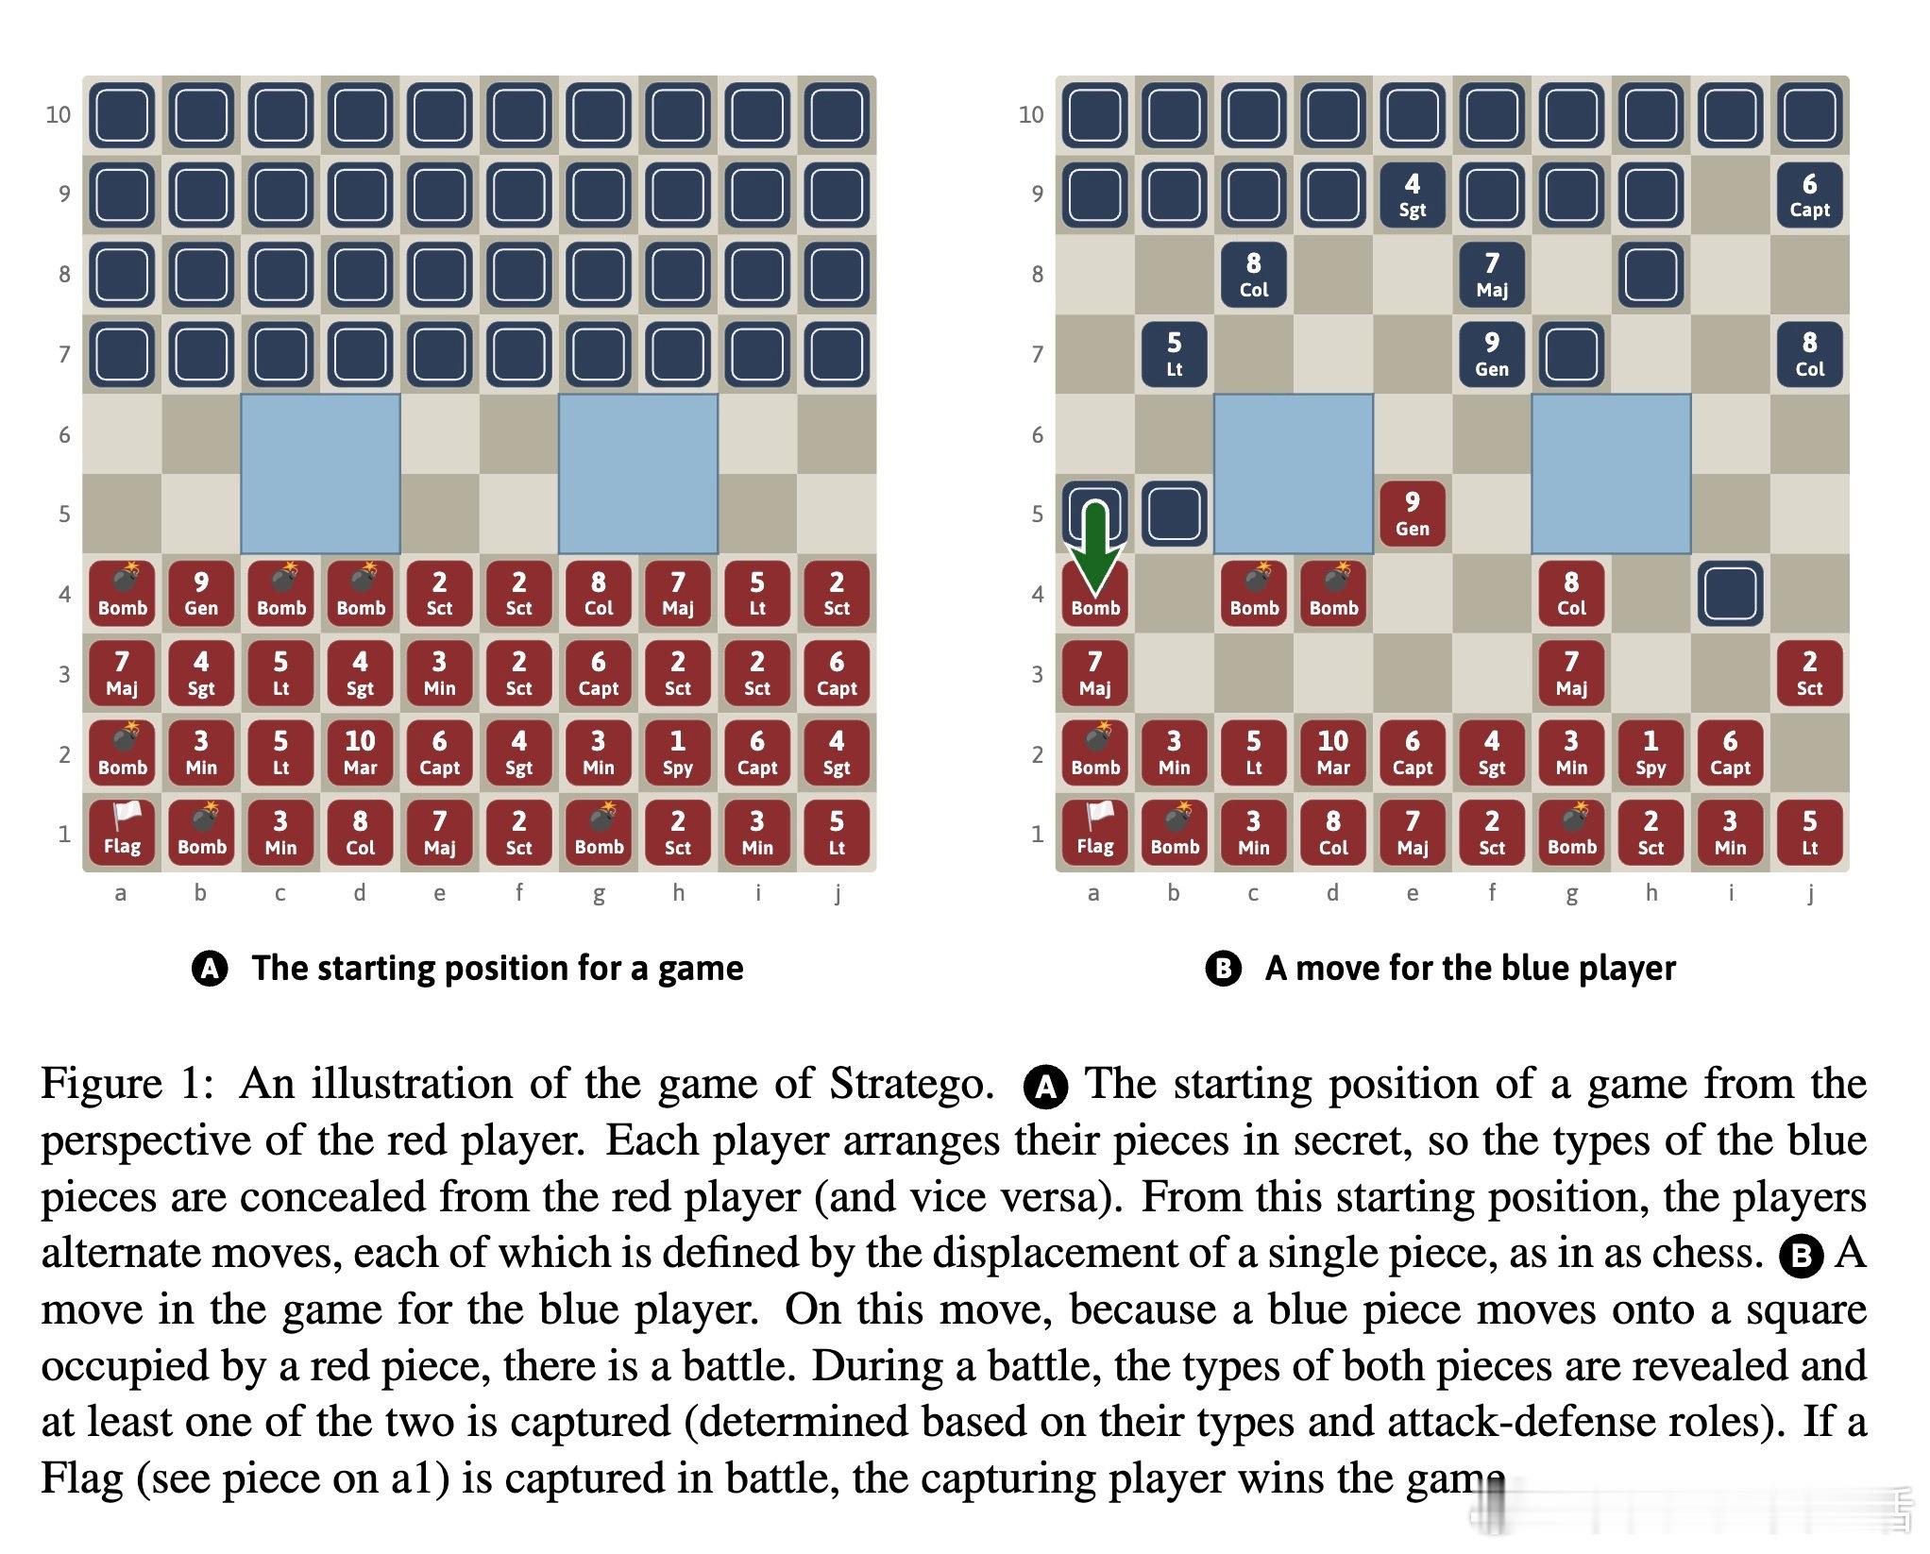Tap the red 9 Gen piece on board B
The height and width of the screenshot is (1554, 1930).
tap(1412, 513)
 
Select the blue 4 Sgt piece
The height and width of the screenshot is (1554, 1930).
tap(1412, 194)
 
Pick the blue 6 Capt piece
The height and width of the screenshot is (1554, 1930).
tap(1808, 194)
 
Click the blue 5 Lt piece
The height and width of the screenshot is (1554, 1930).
tap(1174, 354)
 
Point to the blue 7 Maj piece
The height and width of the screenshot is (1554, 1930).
tap(1491, 275)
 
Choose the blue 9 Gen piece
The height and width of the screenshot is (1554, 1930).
tap(1491, 354)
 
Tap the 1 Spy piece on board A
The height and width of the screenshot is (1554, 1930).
tap(677, 752)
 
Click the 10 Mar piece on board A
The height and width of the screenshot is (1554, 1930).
tap(360, 752)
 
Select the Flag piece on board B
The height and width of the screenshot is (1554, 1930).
tap(1094, 832)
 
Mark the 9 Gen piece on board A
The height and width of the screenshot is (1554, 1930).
tap(201, 593)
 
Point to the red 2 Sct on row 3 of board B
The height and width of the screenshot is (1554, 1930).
tap(1808, 672)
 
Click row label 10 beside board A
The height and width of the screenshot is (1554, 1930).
tap(59, 115)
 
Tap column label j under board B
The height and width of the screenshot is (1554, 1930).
tap(1809, 893)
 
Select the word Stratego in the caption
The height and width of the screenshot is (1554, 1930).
tap(911, 1084)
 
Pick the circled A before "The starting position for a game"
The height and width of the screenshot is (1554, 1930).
tap(210, 969)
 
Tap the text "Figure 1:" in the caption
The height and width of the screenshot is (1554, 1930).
tap(127, 1084)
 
